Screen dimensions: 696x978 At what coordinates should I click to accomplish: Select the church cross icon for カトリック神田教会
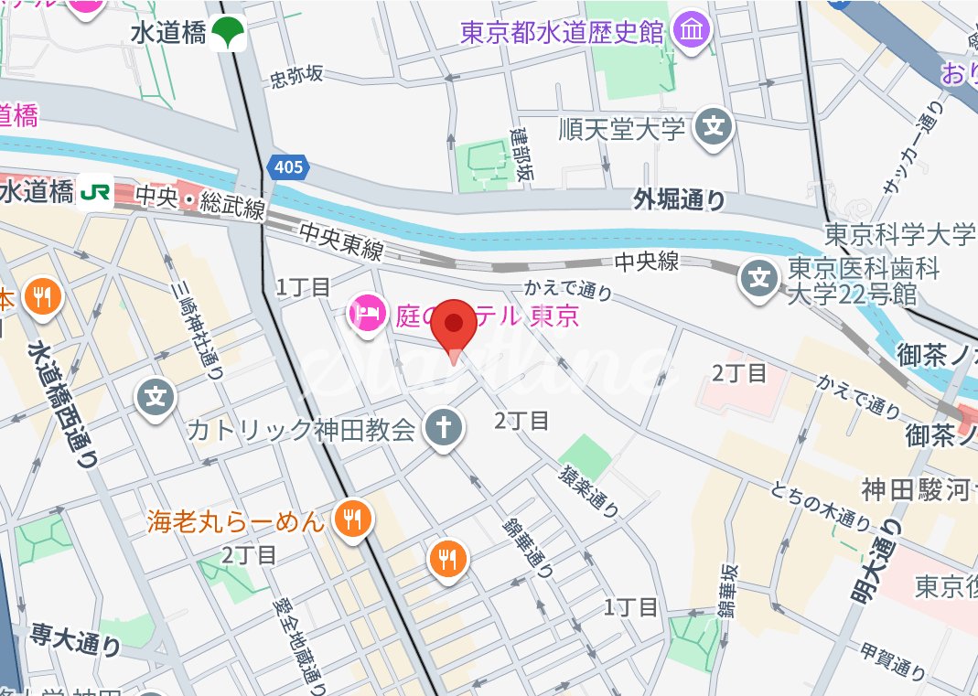(x=443, y=428)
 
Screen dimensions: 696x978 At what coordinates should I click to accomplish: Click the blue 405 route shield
(x=287, y=167)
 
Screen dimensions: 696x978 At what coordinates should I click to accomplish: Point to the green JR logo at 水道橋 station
(x=95, y=192)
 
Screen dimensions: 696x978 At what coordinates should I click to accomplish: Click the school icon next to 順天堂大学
(x=714, y=127)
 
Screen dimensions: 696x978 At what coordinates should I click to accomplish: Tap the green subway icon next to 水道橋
(x=229, y=34)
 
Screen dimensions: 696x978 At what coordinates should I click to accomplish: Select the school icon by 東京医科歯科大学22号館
(x=760, y=275)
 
